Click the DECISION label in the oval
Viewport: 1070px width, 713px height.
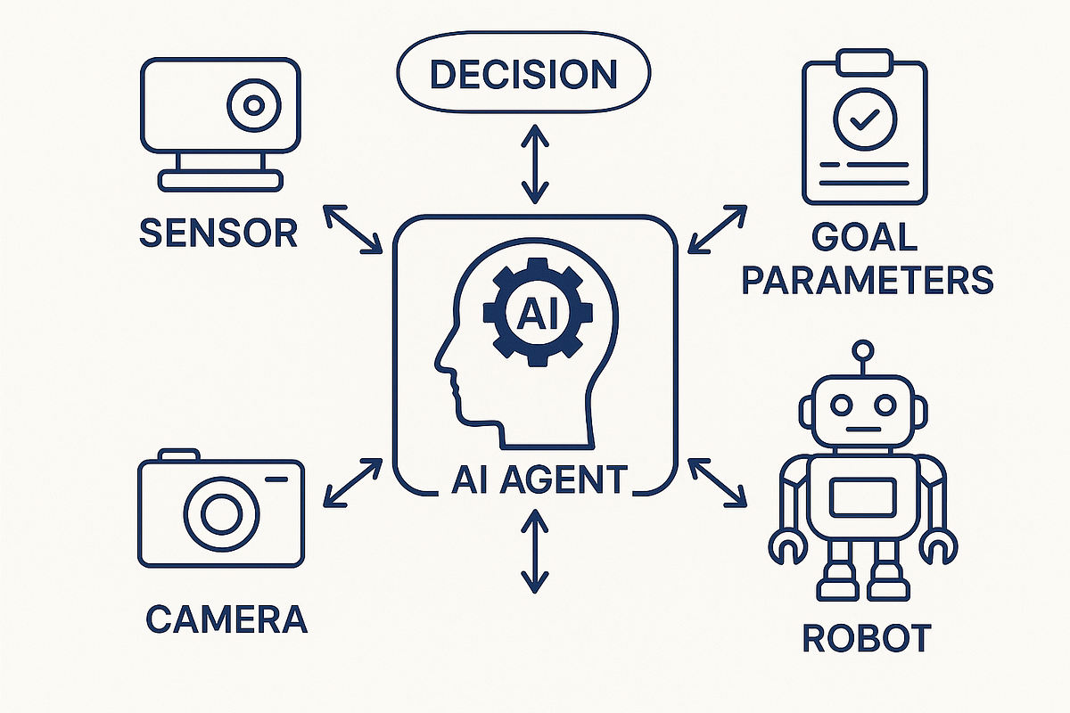pos(524,75)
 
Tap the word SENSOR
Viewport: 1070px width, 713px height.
pos(218,233)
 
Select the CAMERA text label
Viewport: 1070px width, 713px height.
pos(226,619)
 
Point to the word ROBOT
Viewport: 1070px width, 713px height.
pos(867,637)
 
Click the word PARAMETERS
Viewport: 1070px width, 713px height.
pos(868,280)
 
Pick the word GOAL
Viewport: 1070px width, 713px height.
pos(865,237)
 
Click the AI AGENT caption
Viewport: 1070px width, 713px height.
pos(539,479)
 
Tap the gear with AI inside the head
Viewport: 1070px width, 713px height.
pos(538,312)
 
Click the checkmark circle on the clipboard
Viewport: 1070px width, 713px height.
pos(865,119)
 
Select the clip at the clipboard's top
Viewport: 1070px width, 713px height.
pos(865,62)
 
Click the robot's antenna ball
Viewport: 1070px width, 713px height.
pos(863,351)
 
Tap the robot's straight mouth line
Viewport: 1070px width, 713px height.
pos(864,430)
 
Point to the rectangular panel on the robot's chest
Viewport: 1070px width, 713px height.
pos(863,499)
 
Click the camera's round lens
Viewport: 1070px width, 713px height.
pos(221,514)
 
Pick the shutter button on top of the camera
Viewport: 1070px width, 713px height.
pos(178,455)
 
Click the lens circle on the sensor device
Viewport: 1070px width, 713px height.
pos(253,105)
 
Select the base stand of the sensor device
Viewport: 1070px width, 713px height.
pos(220,181)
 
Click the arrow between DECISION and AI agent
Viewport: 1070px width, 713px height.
pos(535,164)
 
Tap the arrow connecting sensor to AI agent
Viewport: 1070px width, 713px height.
pos(352,229)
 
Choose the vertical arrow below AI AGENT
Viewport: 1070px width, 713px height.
pos(534,551)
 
